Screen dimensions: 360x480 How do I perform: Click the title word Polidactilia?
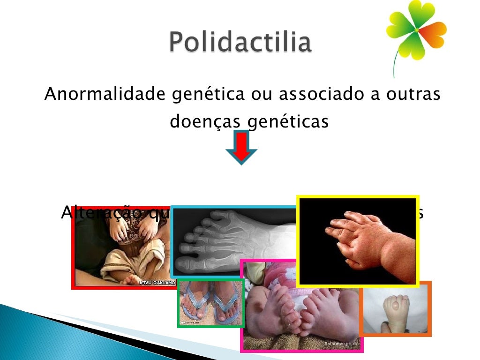pos(240,43)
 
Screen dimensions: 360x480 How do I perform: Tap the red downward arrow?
pos(241,147)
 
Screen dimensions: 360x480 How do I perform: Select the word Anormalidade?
pos(105,94)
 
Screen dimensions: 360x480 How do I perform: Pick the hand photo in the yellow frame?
pos(357,241)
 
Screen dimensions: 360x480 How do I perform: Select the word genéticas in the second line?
pos(288,122)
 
